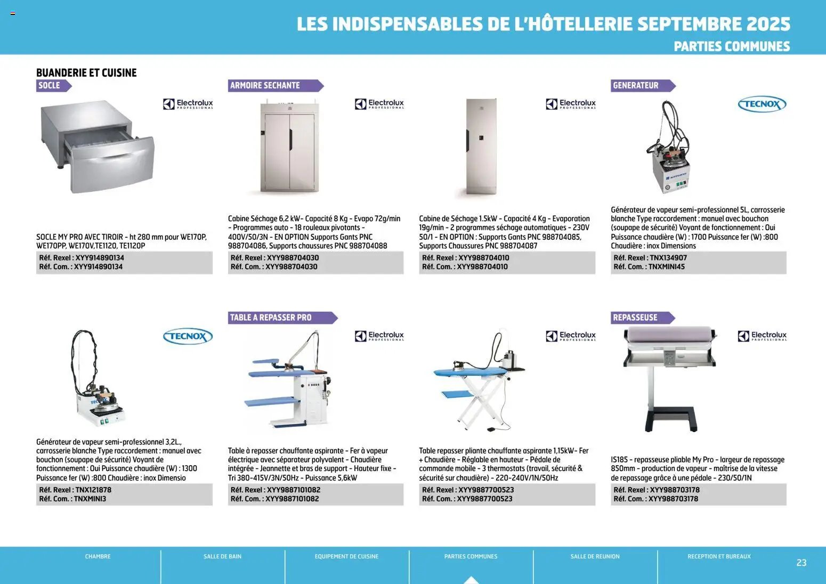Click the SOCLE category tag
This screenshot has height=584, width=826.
50,85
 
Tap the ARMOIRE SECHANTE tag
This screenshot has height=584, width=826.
265,85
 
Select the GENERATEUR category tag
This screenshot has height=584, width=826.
635,85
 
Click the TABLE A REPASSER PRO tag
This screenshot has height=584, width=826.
271,318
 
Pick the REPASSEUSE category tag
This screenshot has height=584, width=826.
635,318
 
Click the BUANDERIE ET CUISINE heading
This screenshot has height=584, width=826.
86,73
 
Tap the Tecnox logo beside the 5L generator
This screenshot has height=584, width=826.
762,104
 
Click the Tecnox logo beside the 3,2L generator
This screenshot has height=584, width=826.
187,336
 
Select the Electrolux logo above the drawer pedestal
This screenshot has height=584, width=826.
188,104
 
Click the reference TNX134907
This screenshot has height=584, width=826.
668,258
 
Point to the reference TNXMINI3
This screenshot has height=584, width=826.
90,499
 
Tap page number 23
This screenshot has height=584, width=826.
801,563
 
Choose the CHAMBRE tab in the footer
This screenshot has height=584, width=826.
98,556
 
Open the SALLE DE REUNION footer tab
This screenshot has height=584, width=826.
595,556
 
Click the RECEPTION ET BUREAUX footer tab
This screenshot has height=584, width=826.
719,556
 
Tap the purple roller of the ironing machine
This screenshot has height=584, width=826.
669,336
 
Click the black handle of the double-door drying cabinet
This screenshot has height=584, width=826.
290,139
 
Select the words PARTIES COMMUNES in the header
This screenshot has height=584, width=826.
732,46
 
